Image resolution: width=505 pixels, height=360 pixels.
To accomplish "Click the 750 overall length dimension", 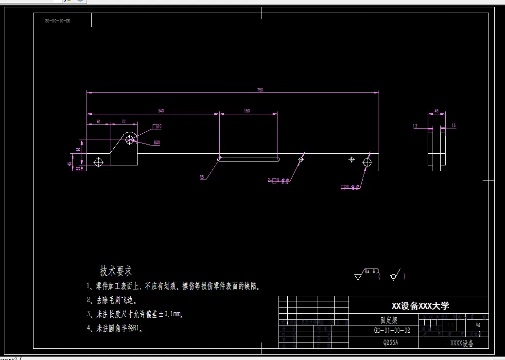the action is coord(260,90).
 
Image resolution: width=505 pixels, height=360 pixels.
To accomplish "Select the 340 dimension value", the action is coord(161,111).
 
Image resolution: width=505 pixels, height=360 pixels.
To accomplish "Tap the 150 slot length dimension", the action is coord(247,111).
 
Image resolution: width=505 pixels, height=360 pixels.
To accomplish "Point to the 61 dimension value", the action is coord(98,121).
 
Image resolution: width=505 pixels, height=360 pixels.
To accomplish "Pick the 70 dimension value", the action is coord(123,121).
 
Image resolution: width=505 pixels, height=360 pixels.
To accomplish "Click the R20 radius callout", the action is coord(157,143).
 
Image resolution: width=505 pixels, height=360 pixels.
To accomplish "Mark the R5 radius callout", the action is coord(202,178).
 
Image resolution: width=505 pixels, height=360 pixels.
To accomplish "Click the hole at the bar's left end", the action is coord(99,162).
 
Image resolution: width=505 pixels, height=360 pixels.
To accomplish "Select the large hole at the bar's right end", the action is coord(367,162).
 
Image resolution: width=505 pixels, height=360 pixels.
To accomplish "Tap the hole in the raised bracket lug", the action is coord(130,140).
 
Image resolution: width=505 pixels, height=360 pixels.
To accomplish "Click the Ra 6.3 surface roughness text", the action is coord(372,271).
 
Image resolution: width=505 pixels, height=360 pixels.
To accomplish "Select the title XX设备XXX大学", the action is coord(420,306).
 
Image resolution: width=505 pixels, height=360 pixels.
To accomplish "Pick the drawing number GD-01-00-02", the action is coord(392,330).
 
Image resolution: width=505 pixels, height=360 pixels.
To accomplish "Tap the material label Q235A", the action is coord(390,342).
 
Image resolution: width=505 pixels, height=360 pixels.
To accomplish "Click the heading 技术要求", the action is coord(116,270).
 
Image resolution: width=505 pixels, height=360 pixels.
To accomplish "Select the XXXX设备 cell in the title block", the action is coord(462,343).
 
